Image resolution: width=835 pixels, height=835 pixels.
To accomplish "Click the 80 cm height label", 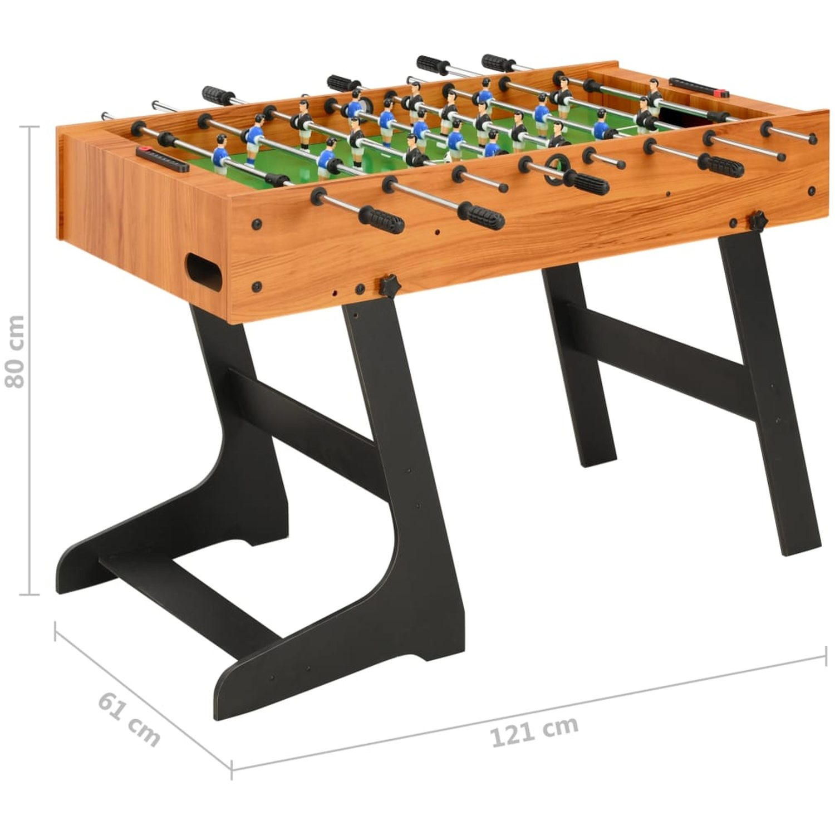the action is point(15,352).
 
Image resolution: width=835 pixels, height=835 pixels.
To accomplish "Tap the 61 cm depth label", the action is point(129,718).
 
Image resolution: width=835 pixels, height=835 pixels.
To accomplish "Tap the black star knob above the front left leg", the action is point(390,286).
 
